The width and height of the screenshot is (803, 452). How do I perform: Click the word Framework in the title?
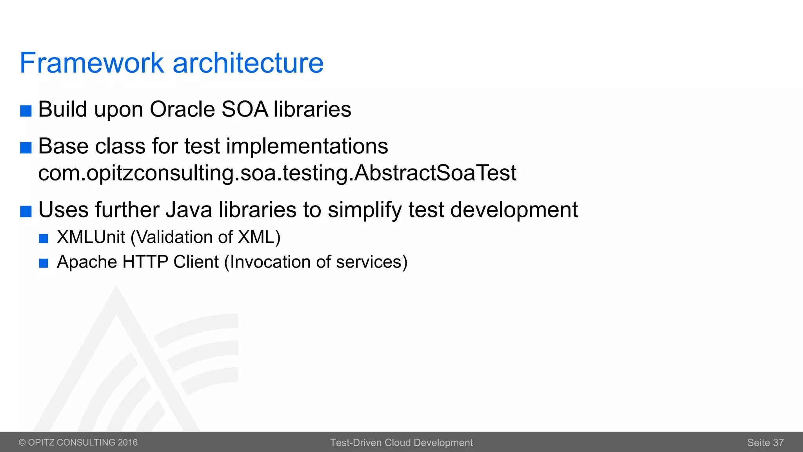coord(91,63)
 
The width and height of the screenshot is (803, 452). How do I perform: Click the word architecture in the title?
coord(248,63)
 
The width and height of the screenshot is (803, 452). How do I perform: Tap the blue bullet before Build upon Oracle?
coord(26,111)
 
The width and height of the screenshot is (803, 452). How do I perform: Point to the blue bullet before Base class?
coord(26,148)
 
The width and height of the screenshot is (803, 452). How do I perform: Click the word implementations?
coord(307,146)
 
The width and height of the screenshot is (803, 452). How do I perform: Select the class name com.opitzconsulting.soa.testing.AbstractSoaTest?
coord(277,173)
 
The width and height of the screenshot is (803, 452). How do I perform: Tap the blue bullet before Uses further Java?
coord(26,211)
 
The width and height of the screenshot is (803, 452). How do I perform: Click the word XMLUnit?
coord(91,237)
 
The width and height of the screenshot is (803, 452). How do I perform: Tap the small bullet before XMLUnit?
coord(44,239)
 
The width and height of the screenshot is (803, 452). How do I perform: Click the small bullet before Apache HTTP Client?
coord(44,263)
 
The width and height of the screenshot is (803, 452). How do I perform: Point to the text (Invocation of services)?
coord(316,262)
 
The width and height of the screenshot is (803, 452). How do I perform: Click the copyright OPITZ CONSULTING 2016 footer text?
coord(78,443)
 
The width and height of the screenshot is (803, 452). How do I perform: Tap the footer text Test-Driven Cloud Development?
coord(401,443)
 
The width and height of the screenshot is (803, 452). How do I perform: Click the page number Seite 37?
coord(765,443)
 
